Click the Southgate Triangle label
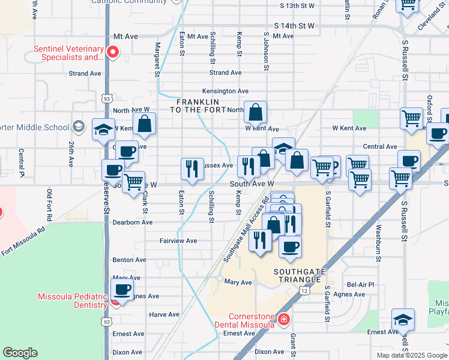pos(300,275)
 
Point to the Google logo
pos(20,353)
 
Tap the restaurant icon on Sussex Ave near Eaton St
pos(192,169)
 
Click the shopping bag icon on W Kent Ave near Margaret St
pos(145,124)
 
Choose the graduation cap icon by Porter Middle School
pos(103,129)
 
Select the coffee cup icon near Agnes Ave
pos(122,290)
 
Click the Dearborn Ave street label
pos(133,222)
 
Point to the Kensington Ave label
pos(229,91)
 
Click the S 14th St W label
pos(294,26)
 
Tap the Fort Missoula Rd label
pos(23,240)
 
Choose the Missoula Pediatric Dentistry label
pos(72,301)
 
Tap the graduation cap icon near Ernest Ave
pos(403,320)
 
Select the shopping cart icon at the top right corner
pos(408,6)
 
